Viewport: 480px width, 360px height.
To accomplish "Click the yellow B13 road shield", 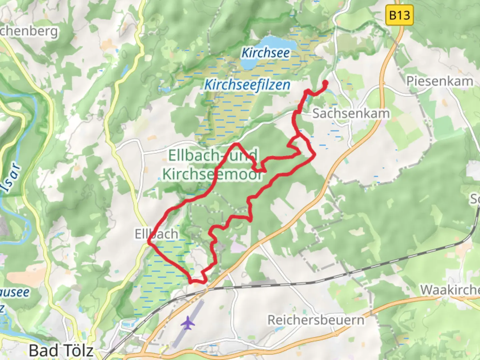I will (x=399, y=15).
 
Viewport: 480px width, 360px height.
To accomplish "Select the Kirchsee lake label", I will (x=265, y=53).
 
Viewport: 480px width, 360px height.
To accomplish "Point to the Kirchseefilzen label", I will (x=247, y=85).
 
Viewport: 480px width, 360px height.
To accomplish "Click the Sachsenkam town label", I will (x=351, y=114).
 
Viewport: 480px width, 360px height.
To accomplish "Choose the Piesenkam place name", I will (x=439, y=81).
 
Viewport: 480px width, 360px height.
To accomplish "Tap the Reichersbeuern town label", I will (x=316, y=320).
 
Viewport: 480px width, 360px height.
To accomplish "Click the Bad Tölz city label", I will (x=61, y=350).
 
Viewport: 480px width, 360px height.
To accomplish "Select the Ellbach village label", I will (x=156, y=234).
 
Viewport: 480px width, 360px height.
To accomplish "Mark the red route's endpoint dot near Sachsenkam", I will (x=325, y=83).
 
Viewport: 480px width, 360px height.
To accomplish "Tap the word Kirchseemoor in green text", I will (x=212, y=174).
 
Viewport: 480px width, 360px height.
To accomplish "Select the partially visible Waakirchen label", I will (x=450, y=290).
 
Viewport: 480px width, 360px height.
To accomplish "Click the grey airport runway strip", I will (x=188, y=323).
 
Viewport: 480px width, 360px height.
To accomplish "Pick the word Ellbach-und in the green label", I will (x=213, y=155).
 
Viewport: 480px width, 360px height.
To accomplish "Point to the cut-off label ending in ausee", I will (x=15, y=292).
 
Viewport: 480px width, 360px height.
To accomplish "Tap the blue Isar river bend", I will (x=20, y=100).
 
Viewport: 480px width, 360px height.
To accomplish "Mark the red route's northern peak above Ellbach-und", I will (x=236, y=144).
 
